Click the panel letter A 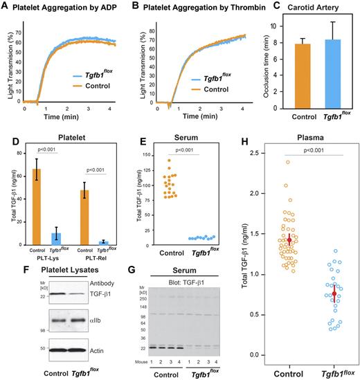pyautogui.click(x=6, y=7)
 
